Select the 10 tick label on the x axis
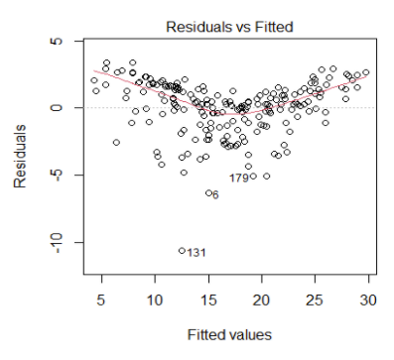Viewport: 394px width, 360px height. (155, 299)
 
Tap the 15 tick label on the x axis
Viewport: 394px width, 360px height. (208, 299)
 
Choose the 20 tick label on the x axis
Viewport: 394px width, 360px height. (261, 299)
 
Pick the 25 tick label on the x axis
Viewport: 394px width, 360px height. (315, 299)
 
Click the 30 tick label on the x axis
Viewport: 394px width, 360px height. (367, 299)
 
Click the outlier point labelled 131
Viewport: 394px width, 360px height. (182, 251)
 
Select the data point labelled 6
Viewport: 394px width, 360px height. (207, 192)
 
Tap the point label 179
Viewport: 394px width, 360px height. (239, 179)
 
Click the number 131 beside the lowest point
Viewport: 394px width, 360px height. (197, 253)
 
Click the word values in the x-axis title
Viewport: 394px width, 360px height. (236, 334)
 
